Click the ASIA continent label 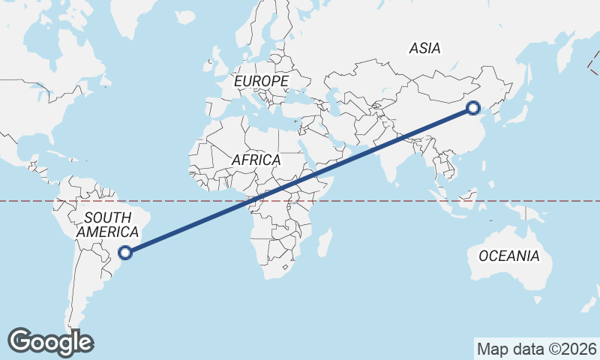(x=424, y=49)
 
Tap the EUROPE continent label (x=261, y=81)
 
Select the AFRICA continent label (x=256, y=160)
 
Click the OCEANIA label (x=508, y=256)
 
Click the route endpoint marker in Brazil (x=126, y=253)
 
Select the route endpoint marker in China (x=472, y=107)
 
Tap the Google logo (x=50, y=341)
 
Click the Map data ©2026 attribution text (x=536, y=349)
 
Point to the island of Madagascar (x=325, y=243)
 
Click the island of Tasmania (x=538, y=301)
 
